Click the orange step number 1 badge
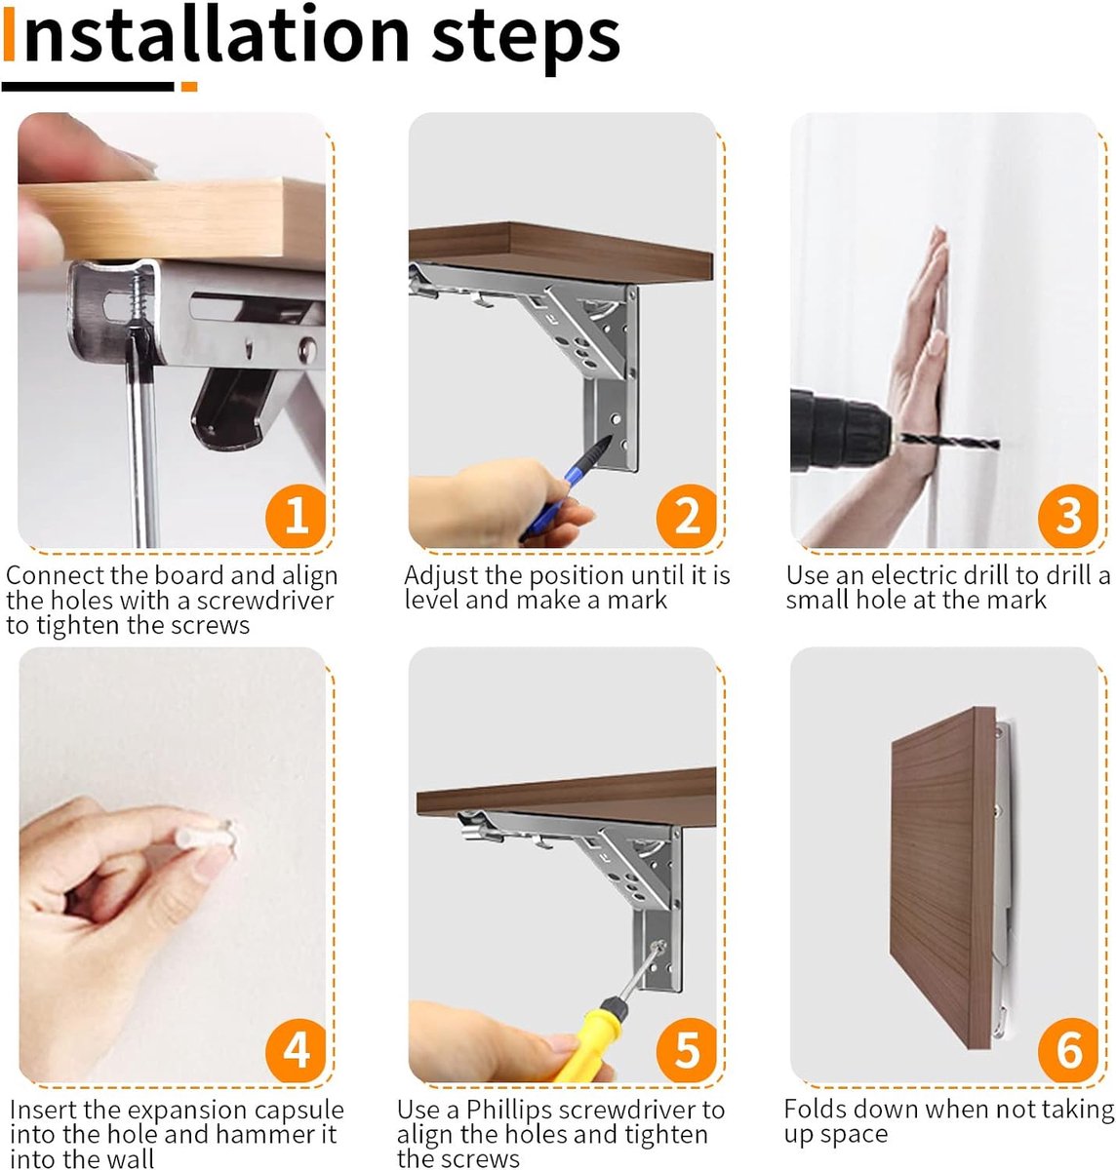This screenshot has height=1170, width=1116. pos(296,516)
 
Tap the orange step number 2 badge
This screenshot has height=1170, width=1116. pos(687,516)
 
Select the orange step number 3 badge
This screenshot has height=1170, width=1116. pos(1068,516)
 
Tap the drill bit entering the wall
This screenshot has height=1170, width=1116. pos(949,442)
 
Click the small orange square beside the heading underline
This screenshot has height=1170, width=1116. pos(189,87)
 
